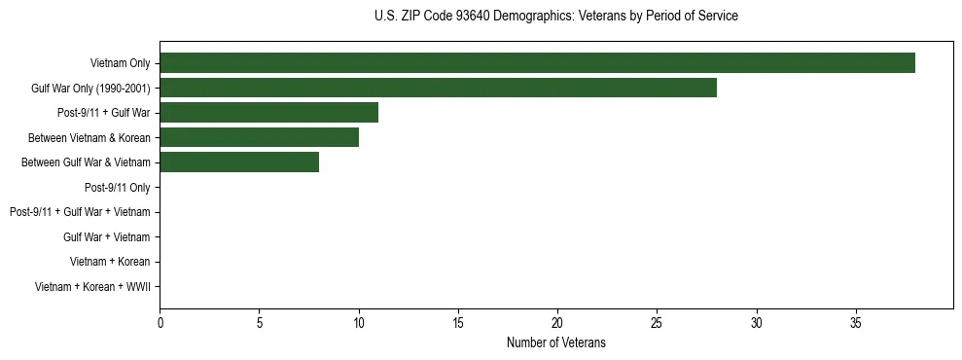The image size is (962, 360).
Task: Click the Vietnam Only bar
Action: (x=537, y=63)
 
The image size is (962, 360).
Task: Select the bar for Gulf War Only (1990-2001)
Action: (x=438, y=88)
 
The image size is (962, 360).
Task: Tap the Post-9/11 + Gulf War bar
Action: (x=268, y=113)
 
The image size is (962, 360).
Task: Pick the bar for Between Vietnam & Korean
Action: (x=259, y=137)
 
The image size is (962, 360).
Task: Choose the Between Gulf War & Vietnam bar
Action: (x=239, y=162)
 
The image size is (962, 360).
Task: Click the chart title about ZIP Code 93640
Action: (x=555, y=17)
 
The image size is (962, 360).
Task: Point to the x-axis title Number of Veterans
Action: (x=555, y=342)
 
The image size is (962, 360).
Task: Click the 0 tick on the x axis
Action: (x=160, y=322)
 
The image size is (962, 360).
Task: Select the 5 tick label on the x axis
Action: (x=259, y=322)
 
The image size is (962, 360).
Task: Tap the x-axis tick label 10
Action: (x=359, y=322)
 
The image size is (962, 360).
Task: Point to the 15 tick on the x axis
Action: (x=458, y=322)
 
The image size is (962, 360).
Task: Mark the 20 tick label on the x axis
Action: (x=557, y=322)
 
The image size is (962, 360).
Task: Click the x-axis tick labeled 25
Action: (x=657, y=322)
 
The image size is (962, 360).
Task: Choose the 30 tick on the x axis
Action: (x=756, y=322)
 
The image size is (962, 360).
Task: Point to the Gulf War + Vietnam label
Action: (x=107, y=236)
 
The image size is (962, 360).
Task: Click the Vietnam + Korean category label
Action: (x=110, y=262)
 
